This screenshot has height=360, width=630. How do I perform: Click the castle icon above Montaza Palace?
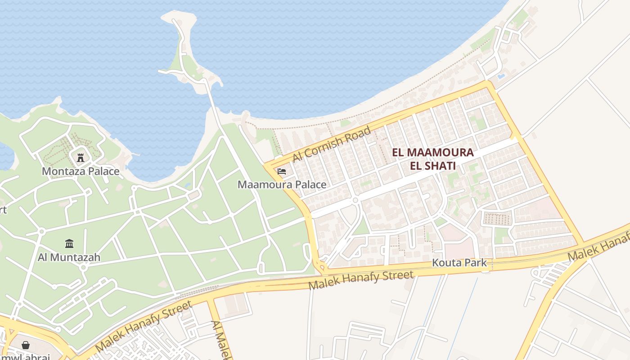click(x=81, y=157)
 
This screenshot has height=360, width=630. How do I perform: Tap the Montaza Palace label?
click(x=81, y=171)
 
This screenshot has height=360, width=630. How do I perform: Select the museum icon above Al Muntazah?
click(x=69, y=243)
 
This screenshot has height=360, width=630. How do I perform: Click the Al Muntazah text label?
click(x=69, y=257)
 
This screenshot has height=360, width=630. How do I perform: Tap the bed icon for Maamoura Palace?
click(x=282, y=171)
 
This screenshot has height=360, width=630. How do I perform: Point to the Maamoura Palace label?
click(x=282, y=184)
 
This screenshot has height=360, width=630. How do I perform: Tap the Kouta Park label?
click(x=459, y=263)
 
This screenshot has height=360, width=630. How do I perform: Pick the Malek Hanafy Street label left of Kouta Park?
click(x=361, y=280)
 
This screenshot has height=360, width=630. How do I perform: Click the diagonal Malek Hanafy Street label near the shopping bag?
click(x=144, y=326)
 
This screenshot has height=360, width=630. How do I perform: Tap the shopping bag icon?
click(x=26, y=345)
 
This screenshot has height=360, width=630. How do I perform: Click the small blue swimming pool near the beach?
click(x=501, y=76)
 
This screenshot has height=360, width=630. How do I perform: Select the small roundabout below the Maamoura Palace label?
click(x=355, y=200)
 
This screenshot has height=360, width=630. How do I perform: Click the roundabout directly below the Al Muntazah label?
click(x=83, y=267)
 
